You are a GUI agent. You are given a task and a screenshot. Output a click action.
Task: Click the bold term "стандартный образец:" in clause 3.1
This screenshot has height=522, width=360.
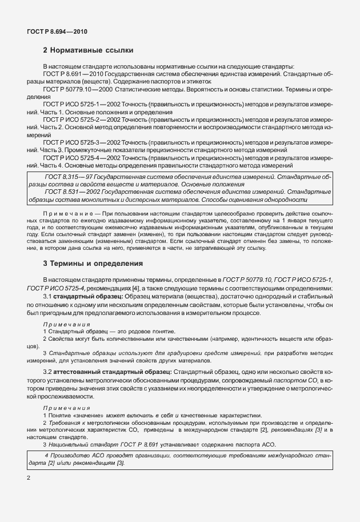(85, 297)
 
